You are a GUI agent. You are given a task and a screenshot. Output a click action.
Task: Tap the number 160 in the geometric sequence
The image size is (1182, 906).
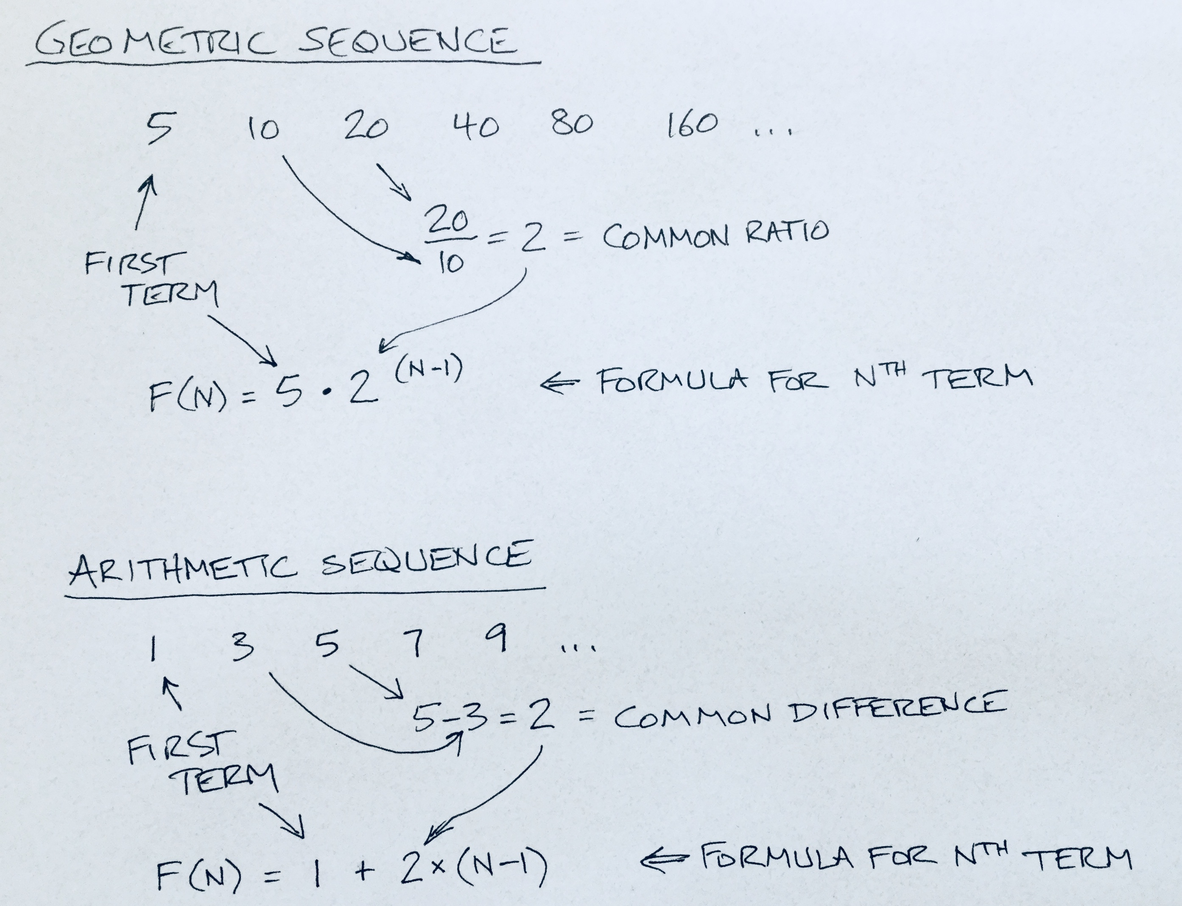pos(693,125)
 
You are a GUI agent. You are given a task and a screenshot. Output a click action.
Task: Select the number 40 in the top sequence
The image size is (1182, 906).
pos(476,127)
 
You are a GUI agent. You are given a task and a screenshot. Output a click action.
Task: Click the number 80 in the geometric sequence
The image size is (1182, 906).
pos(572,123)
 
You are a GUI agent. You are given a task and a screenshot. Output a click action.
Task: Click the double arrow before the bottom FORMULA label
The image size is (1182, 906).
pos(664,859)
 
